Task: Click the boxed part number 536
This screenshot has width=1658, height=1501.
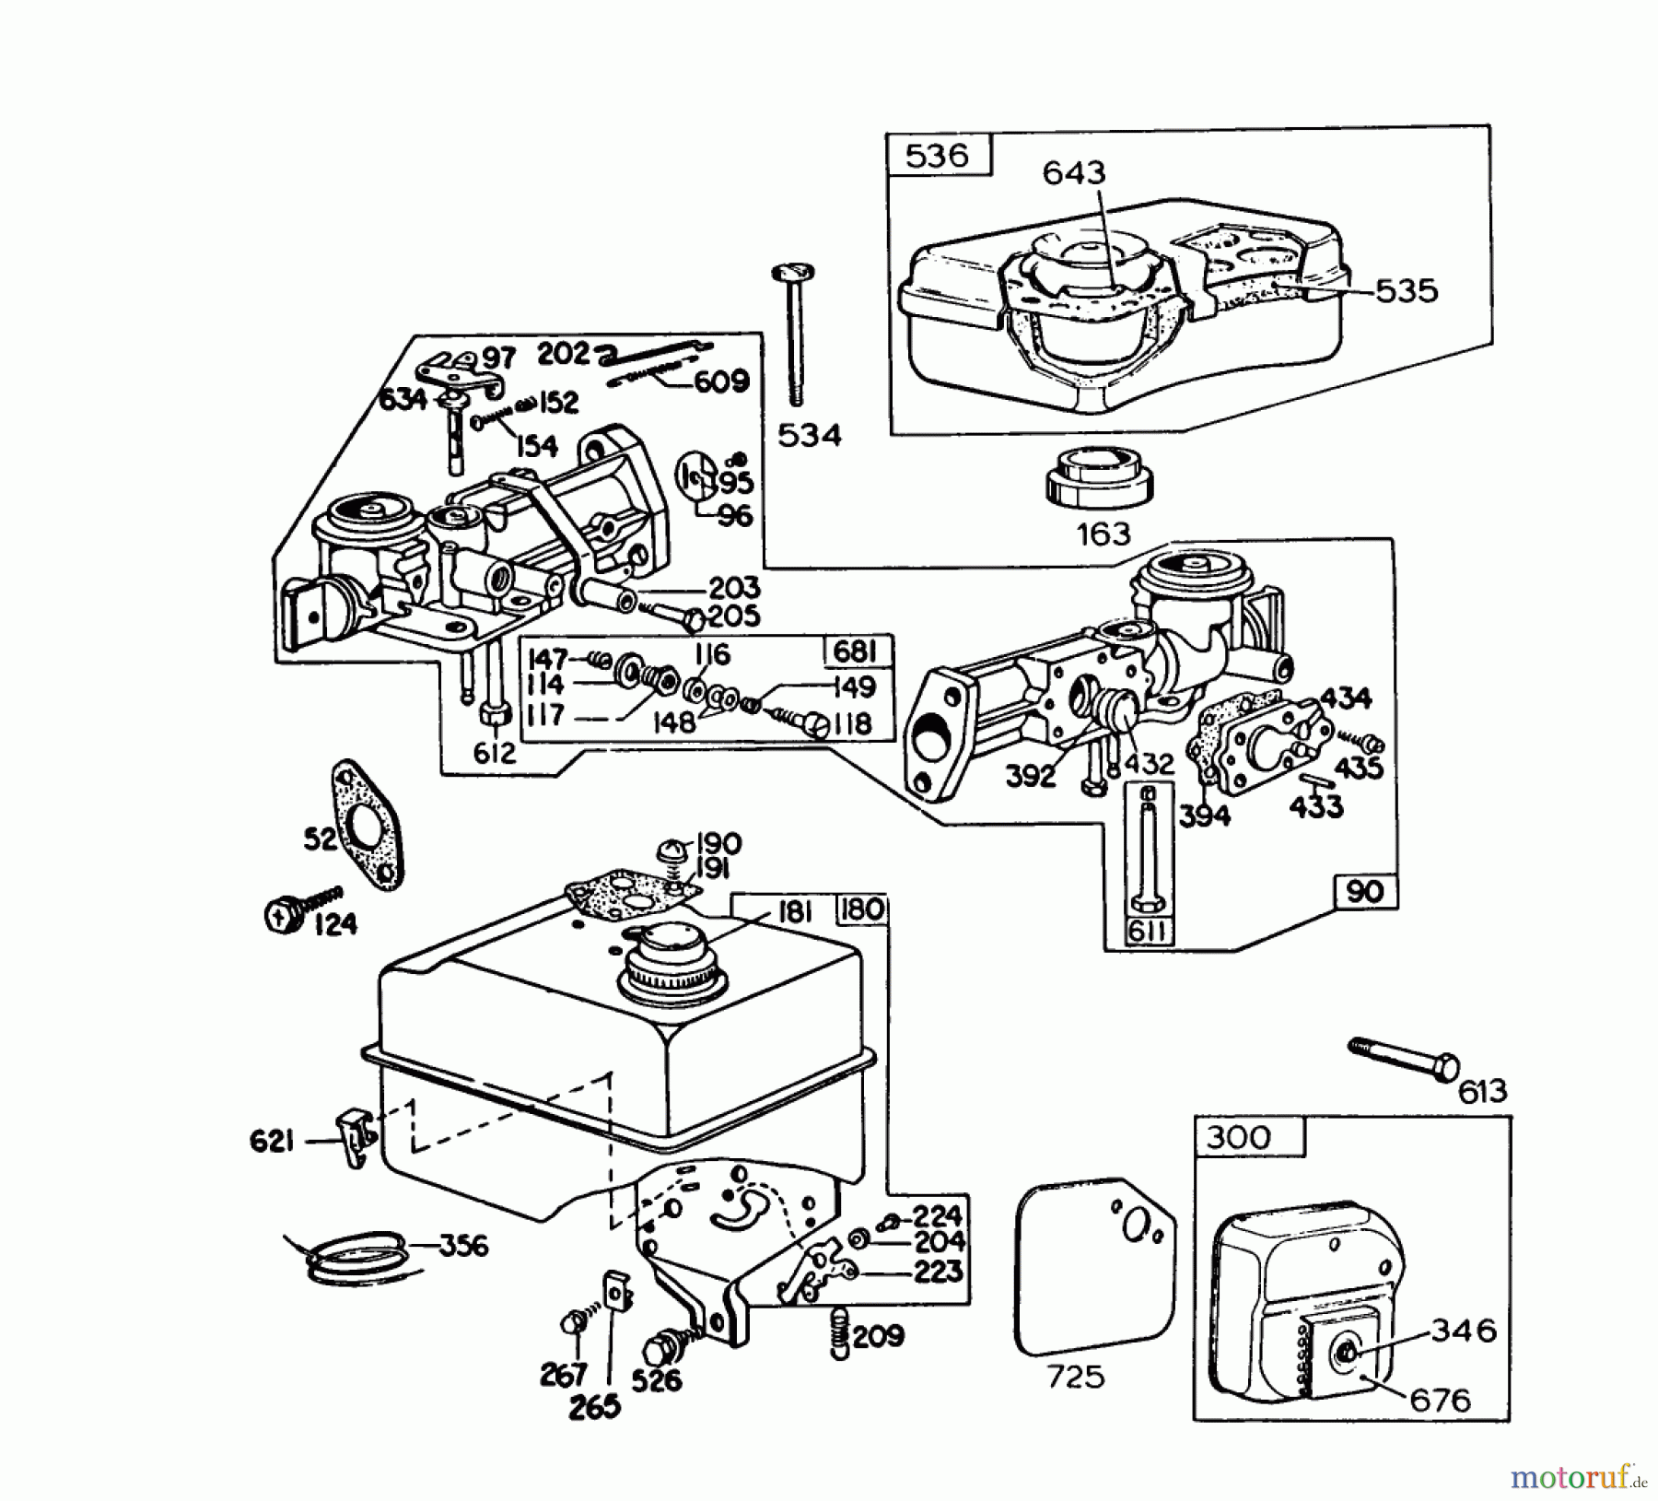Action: click(937, 155)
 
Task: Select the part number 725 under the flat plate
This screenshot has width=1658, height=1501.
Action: click(1076, 1376)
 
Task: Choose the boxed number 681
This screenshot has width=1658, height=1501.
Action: click(856, 651)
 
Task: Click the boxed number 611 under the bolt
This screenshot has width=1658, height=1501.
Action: click(1148, 931)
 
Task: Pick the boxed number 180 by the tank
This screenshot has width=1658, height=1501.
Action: click(860, 910)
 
